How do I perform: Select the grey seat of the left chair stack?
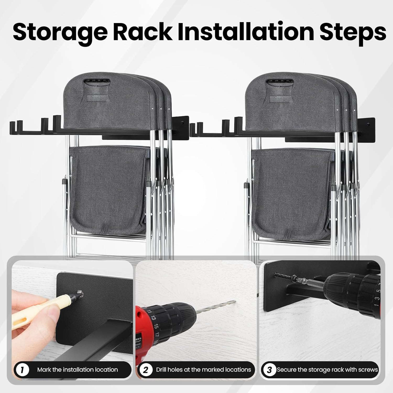coord(107,189)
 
